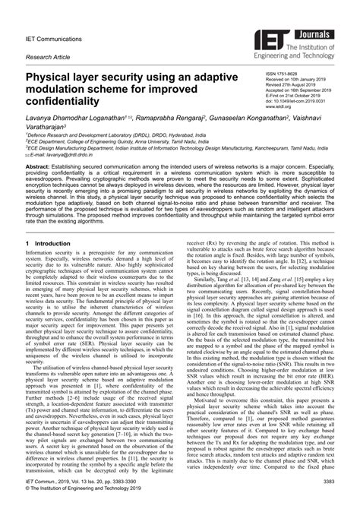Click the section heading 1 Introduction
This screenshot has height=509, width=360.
(x=53, y=243)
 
